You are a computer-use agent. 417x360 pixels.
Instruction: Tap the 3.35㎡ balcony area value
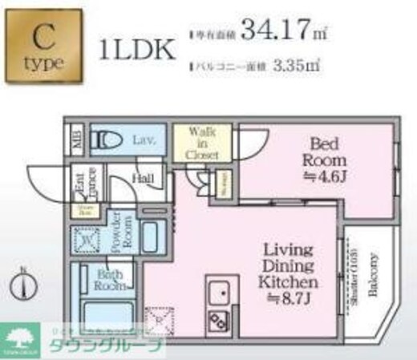click(296, 66)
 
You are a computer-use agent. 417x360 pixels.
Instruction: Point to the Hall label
click(144, 178)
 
